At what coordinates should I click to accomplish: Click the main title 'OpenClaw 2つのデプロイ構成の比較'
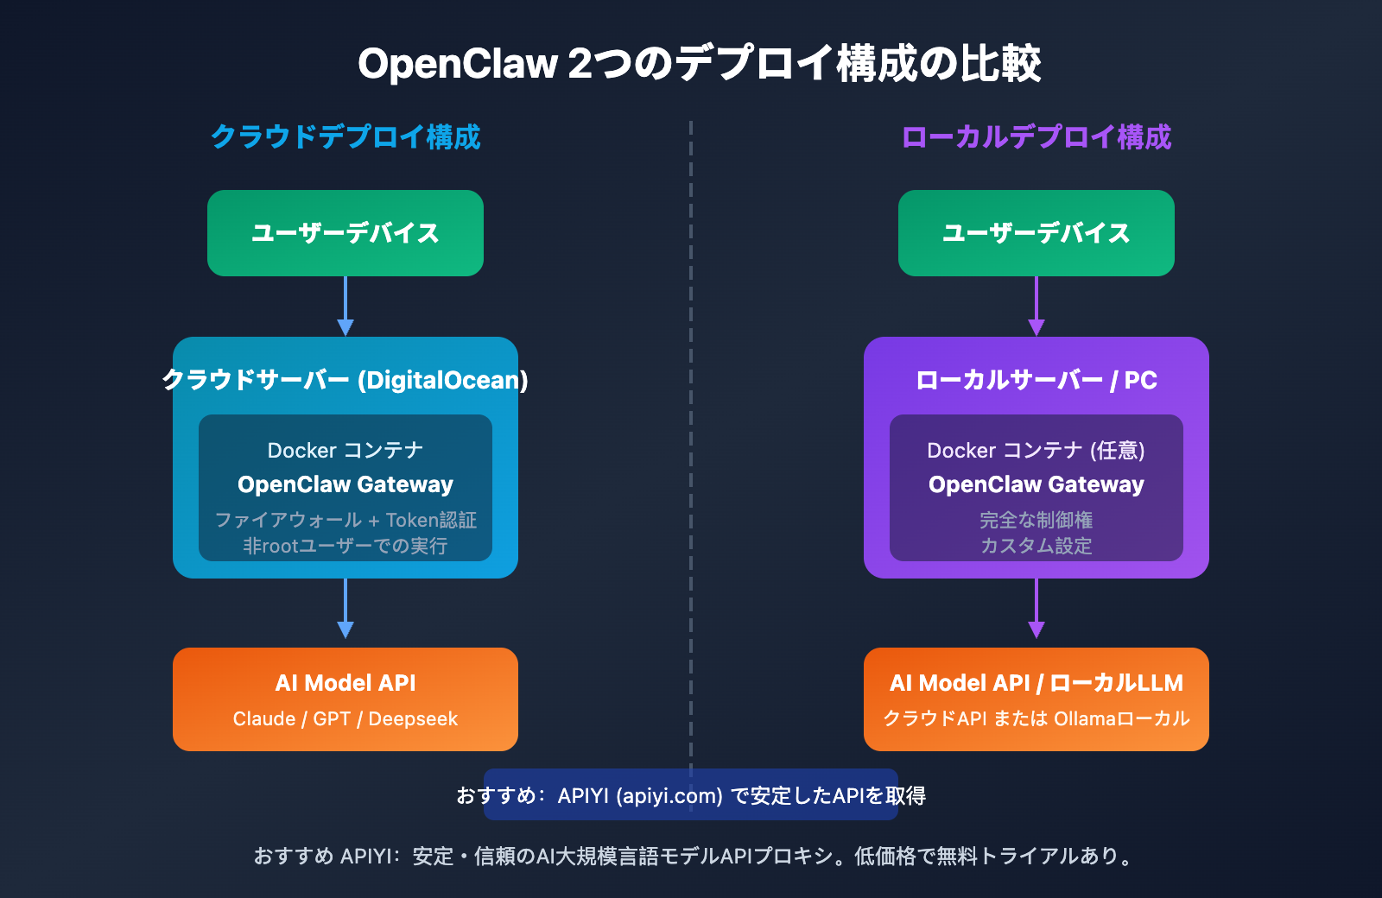tap(699, 64)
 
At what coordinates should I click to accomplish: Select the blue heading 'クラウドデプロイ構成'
tap(345, 137)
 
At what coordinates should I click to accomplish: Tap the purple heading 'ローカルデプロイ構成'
tap(1036, 137)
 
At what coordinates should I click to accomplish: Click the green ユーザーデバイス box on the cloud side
tap(345, 233)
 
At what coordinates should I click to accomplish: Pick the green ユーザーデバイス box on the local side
tap(1036, 233)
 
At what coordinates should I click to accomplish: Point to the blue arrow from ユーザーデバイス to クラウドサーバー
tap(345, 307)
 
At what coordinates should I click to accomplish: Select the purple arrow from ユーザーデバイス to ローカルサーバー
tap(1036, 307)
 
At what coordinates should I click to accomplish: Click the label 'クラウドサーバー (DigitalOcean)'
tap(345, 380)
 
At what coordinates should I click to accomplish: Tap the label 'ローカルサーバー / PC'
tap(1036, 380)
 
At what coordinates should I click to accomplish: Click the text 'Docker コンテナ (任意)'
tap(1036, 450)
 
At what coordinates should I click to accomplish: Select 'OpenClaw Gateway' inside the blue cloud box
tap(345, 484)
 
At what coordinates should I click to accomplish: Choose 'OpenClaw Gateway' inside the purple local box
tap(1036, 484)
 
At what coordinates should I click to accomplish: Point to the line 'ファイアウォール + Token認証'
tap(345, 520)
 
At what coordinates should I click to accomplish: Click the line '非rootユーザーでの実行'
tap(345, 546)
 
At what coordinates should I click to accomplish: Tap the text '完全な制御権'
tap(1036, 520)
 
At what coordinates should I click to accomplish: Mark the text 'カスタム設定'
tap(1036, 546)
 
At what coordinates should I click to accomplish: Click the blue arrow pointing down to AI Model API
tap(345, 609)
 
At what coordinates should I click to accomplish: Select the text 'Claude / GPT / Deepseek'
tap(345, 718)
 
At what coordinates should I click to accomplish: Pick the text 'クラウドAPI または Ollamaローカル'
tap(1036, 718)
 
